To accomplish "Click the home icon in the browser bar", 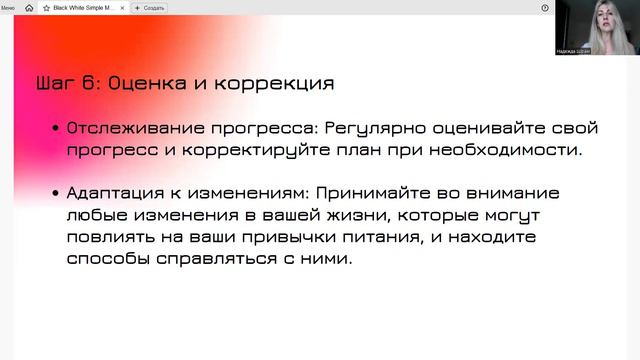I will click(x=29, y=7).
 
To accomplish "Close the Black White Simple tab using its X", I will click(x=122, y=7).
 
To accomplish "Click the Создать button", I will click(x=151, y=7).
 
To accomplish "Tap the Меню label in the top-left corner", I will click(x=7, y=7).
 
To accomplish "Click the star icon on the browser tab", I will click(x=46, y=7).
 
